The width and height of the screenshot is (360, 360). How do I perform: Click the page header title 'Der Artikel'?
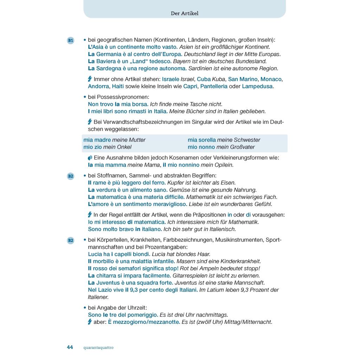(185, 13)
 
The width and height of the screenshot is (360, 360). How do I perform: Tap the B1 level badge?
(71, 40)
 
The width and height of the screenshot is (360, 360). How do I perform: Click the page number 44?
(70, 347)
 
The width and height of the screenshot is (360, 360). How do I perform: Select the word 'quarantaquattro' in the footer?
(98, 348)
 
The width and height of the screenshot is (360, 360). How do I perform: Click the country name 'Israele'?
(171, 79)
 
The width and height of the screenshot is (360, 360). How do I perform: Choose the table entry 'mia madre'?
(97, 140)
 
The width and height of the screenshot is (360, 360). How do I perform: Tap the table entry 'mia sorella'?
(202, 140)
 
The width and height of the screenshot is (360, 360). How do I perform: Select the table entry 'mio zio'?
(92, 147)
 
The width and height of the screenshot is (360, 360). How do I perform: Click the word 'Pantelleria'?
(214, 86)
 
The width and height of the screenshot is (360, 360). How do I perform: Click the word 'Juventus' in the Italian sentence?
(108, 283)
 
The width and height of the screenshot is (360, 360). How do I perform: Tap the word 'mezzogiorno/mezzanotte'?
(146, 322)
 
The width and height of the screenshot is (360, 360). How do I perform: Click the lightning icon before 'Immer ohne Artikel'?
(90, 79)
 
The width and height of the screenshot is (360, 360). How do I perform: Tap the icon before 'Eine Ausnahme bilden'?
(90, 158)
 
